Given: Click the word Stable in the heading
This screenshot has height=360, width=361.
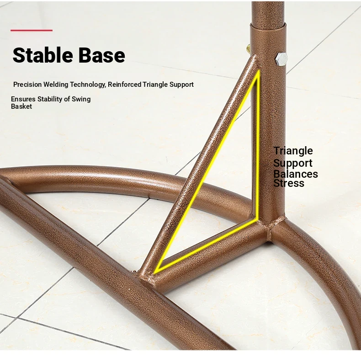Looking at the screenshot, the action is (x=43, y=55).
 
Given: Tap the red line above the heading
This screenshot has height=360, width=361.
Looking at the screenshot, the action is (x=32, y=30).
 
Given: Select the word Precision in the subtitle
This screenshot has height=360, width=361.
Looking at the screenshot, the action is (x=27, y=85).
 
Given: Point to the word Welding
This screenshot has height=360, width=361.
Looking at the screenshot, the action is (x=56, y=85).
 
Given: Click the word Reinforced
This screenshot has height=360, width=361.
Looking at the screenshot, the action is (x=125, y=85).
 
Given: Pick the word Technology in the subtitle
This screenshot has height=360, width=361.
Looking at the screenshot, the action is (x=88, y=85).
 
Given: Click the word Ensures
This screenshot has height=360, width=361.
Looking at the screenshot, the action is (x=23, y=99).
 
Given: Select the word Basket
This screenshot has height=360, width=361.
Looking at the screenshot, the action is (x=21, y=106).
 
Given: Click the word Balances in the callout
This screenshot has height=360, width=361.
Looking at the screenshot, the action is (x=296, y=174).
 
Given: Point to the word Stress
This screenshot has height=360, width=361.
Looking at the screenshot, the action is (x=289, y=183).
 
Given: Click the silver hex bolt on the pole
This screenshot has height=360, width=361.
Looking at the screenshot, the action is (x=281, y=59).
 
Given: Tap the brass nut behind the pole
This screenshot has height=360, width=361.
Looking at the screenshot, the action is (x=248, y=48).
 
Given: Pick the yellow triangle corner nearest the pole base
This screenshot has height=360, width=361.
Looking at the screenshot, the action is (x=257, y=219).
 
